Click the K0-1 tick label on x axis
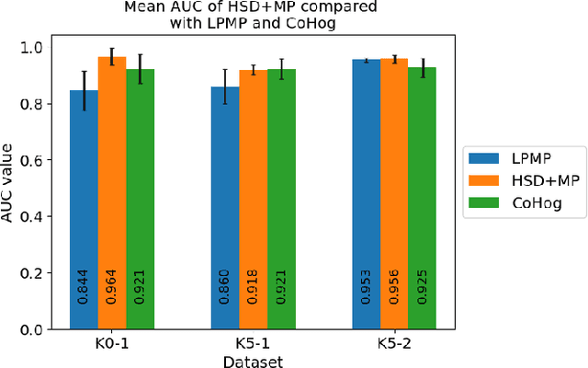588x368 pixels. (x=112, y=344)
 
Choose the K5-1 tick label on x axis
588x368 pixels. (x=254, y=344)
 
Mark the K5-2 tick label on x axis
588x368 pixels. (x=395, y=344)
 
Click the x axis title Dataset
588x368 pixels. (x=254, y=361)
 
